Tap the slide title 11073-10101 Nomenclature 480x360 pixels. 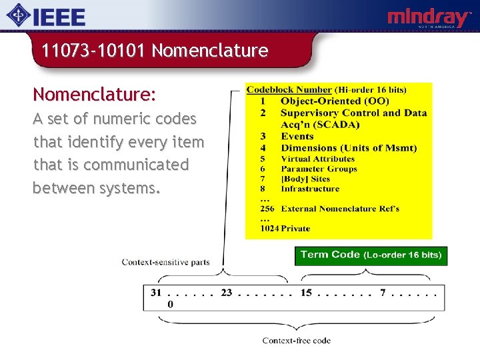coord(155,51)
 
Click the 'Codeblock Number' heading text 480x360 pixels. coord(289,89)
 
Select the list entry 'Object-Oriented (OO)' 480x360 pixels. coord(330,101)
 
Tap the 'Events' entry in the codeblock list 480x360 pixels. coord(297,136)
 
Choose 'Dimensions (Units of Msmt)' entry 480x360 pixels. coord(348,147)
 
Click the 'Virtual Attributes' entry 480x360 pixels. coord(317,159)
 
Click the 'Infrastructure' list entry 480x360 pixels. coord(309,189)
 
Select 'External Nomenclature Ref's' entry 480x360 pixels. coord(340,209)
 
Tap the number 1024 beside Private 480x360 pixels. coord(269,228)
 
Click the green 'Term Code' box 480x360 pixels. coord(370,255)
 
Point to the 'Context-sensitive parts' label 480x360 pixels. coord(165,262)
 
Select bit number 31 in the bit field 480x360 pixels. coord(156,292)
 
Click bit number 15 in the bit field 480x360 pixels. coord(305,292)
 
